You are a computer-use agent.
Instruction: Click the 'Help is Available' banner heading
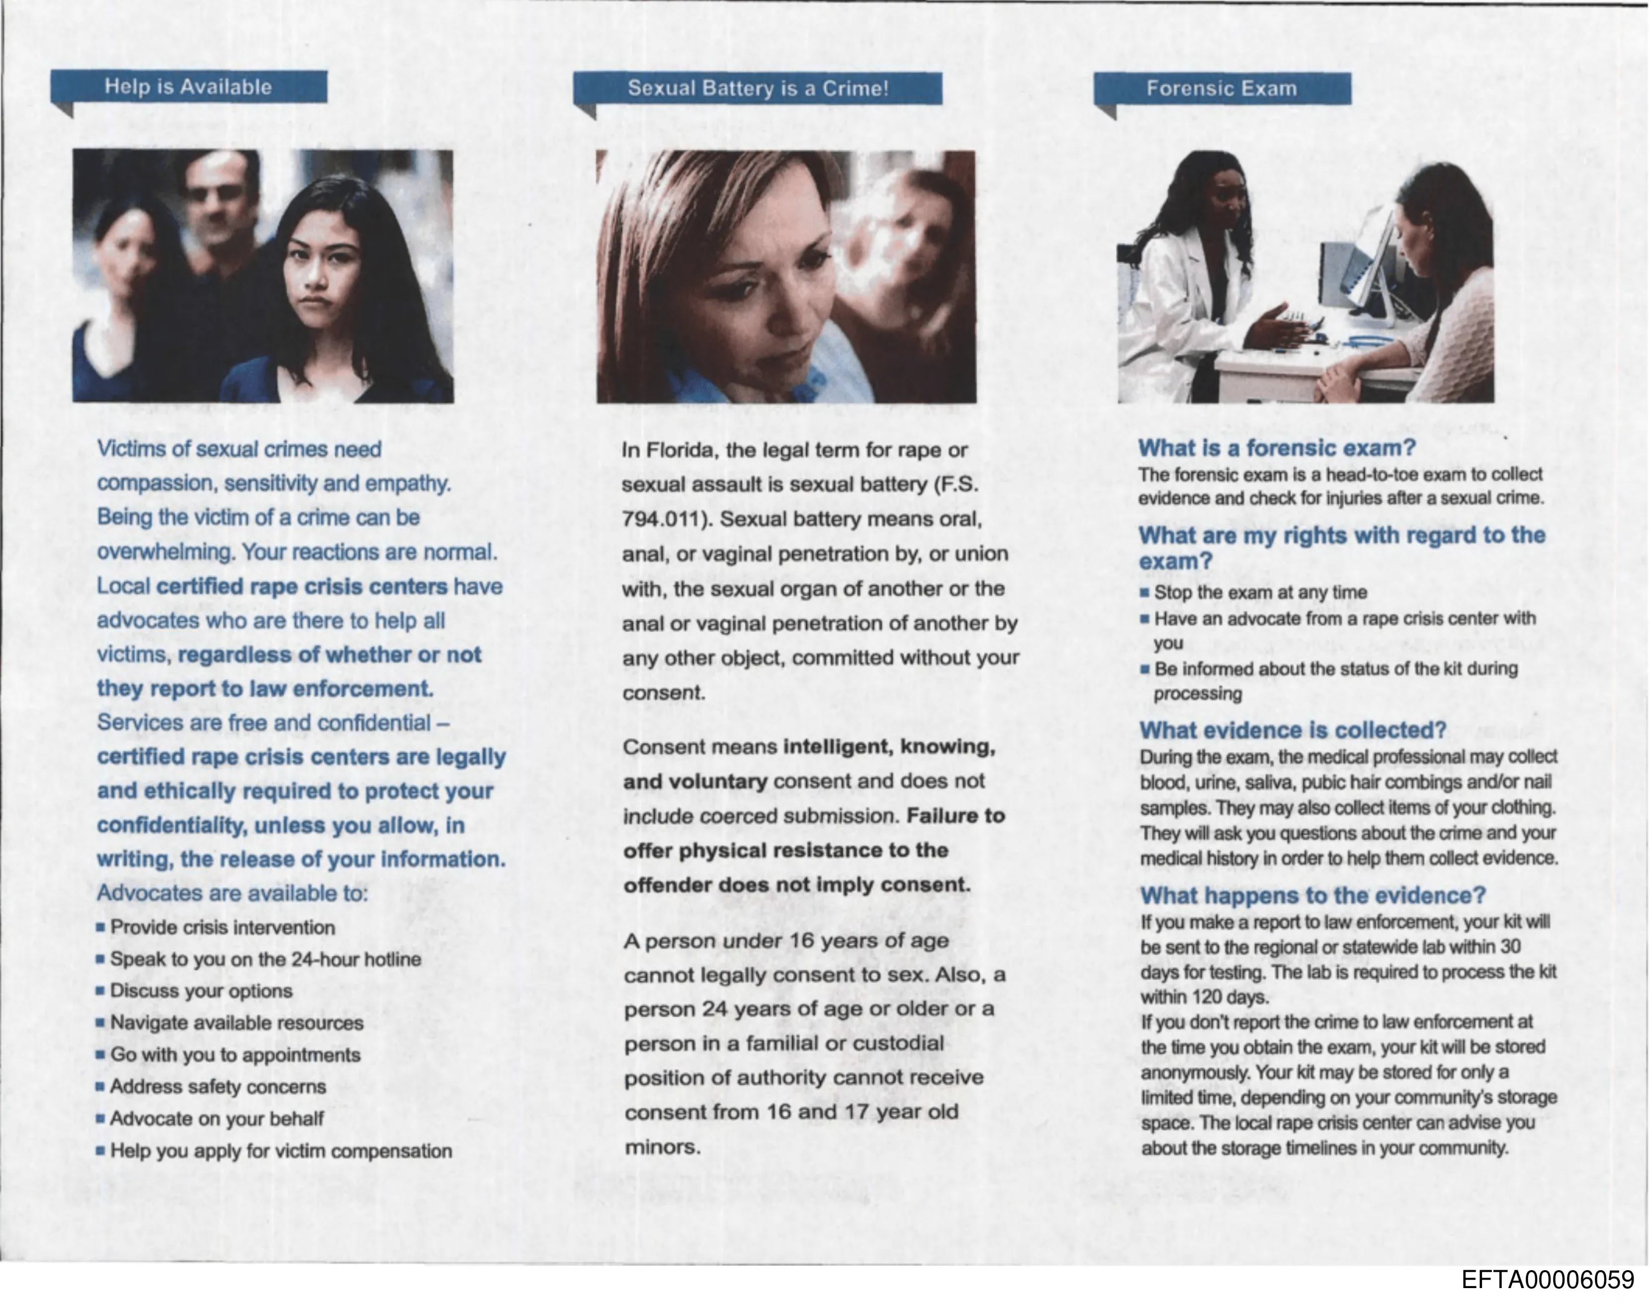(x=188, y=87)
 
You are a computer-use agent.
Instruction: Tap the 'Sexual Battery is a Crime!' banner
(x=758, y=88)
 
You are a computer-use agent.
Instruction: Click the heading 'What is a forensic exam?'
(x=1276, y=448)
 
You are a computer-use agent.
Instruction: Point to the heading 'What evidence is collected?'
(x=1293, y=730)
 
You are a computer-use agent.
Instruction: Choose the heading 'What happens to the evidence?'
(x=1312, y=895)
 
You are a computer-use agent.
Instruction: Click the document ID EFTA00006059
(x=1548, y=1279)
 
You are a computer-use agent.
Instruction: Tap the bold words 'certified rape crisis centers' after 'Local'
(x=301, y=587)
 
